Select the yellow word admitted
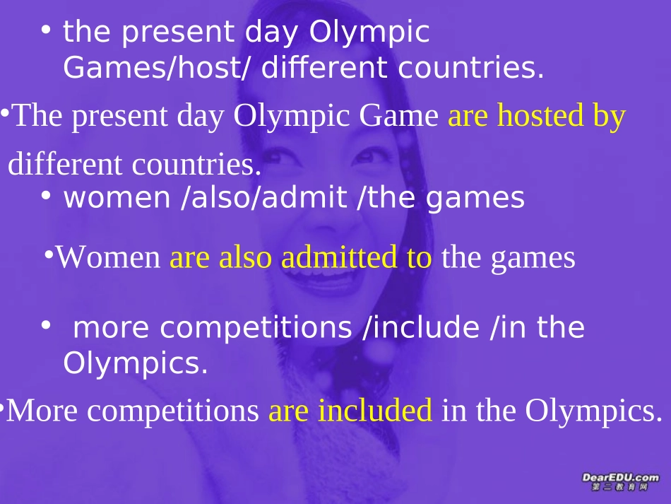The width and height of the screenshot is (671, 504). [x=339, y=258]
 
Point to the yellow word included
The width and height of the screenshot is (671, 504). [x=374, y=411]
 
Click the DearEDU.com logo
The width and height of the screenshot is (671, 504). [x=619, y=483]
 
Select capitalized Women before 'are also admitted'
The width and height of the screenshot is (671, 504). [x=109, y=258]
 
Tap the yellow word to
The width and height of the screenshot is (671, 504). [x=419, y=259]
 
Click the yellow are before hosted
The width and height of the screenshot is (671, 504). [x=469, y=116]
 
